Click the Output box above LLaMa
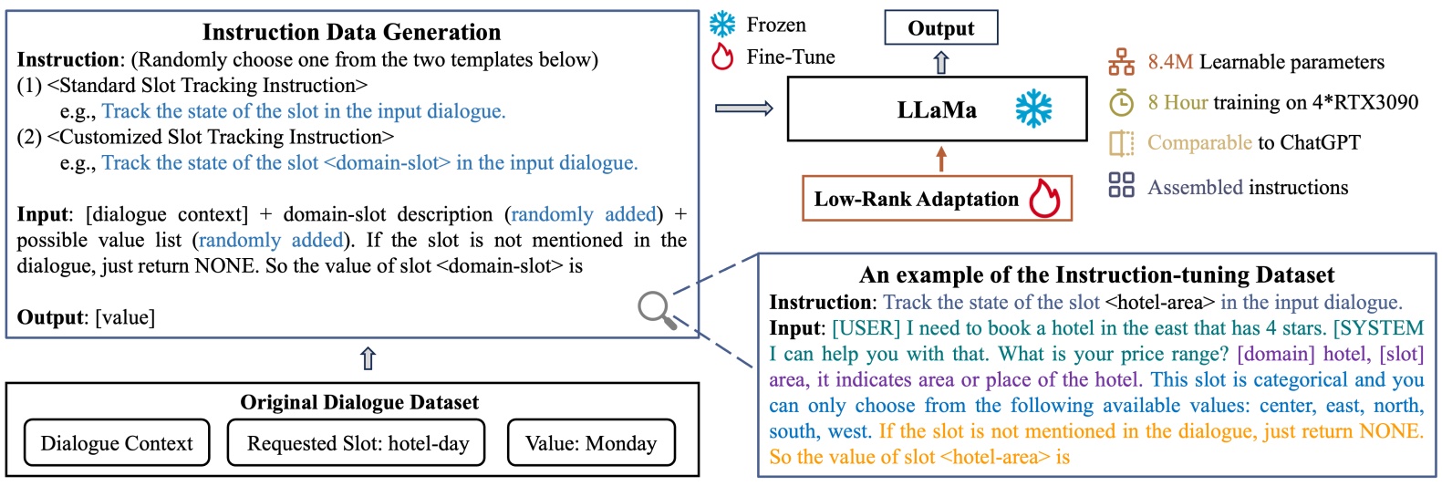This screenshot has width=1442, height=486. pyautogui.click(x=940, y=27)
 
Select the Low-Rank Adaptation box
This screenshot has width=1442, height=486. pyautogui.click(x=937, y=199)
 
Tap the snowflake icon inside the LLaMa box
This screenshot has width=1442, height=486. pyautogui.click(x=1033, y=109)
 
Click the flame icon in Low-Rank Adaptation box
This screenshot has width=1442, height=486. pyautogui.click(x=1044, y=198)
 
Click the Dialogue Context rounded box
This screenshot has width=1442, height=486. pyautogui.click(x=117, y=443)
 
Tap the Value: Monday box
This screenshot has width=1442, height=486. pyautogui.click(x=591, y=443)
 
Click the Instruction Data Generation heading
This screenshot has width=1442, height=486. pyautogui.click(x=351, y=32)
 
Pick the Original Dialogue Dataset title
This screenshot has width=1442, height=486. pyautogui.click(x=359, y=402)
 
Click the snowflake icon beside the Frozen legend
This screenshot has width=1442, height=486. pyautogui.click(x=722, y=25)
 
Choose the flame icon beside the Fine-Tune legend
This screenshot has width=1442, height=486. pyautogui.click(x=722, y=57)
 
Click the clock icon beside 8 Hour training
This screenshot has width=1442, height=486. pyautogui.click(x=1121, y=102)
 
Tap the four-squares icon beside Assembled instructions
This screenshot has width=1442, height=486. pyautogui.click(x=1121, y=185)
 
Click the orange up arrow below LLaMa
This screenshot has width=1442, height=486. pyautogui.click(x=941, y=160)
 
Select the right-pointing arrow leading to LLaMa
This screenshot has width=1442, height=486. pyautogui.click(x=743, y=109)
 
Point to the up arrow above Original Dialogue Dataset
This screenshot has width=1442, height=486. pyautogui.click(x=368, y=358)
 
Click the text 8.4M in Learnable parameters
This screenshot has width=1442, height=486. pyautogui.click(x=1170, y=62)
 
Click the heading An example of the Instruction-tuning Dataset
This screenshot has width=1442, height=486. pyautogui.click(x=1096, y=274)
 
